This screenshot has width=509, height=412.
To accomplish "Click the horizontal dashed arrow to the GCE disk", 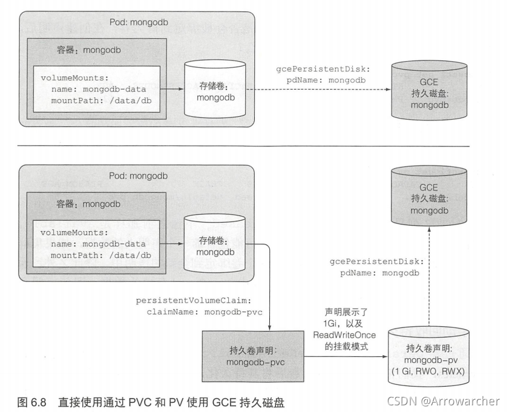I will tap(321, 90).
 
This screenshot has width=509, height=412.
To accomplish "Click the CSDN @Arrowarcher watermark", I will tap(443, 401).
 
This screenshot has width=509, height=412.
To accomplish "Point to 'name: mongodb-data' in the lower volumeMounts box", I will tap(97, 243).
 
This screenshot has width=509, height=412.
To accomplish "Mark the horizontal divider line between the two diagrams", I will tap(242, 146).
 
